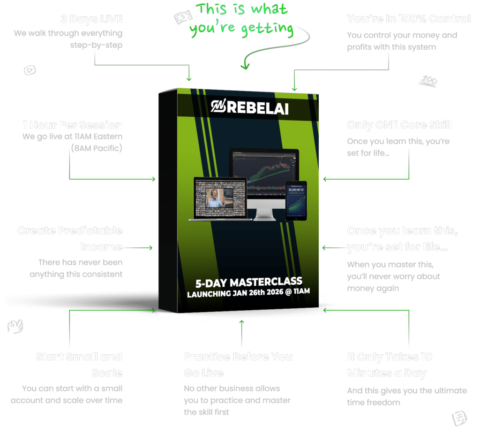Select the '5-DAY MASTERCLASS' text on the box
tap(248, 282)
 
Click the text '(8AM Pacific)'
tap(96, 149)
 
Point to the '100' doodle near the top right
tap(428, 81)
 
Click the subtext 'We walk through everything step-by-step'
tap(68, 39)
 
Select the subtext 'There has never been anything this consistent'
tap(76, 268)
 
